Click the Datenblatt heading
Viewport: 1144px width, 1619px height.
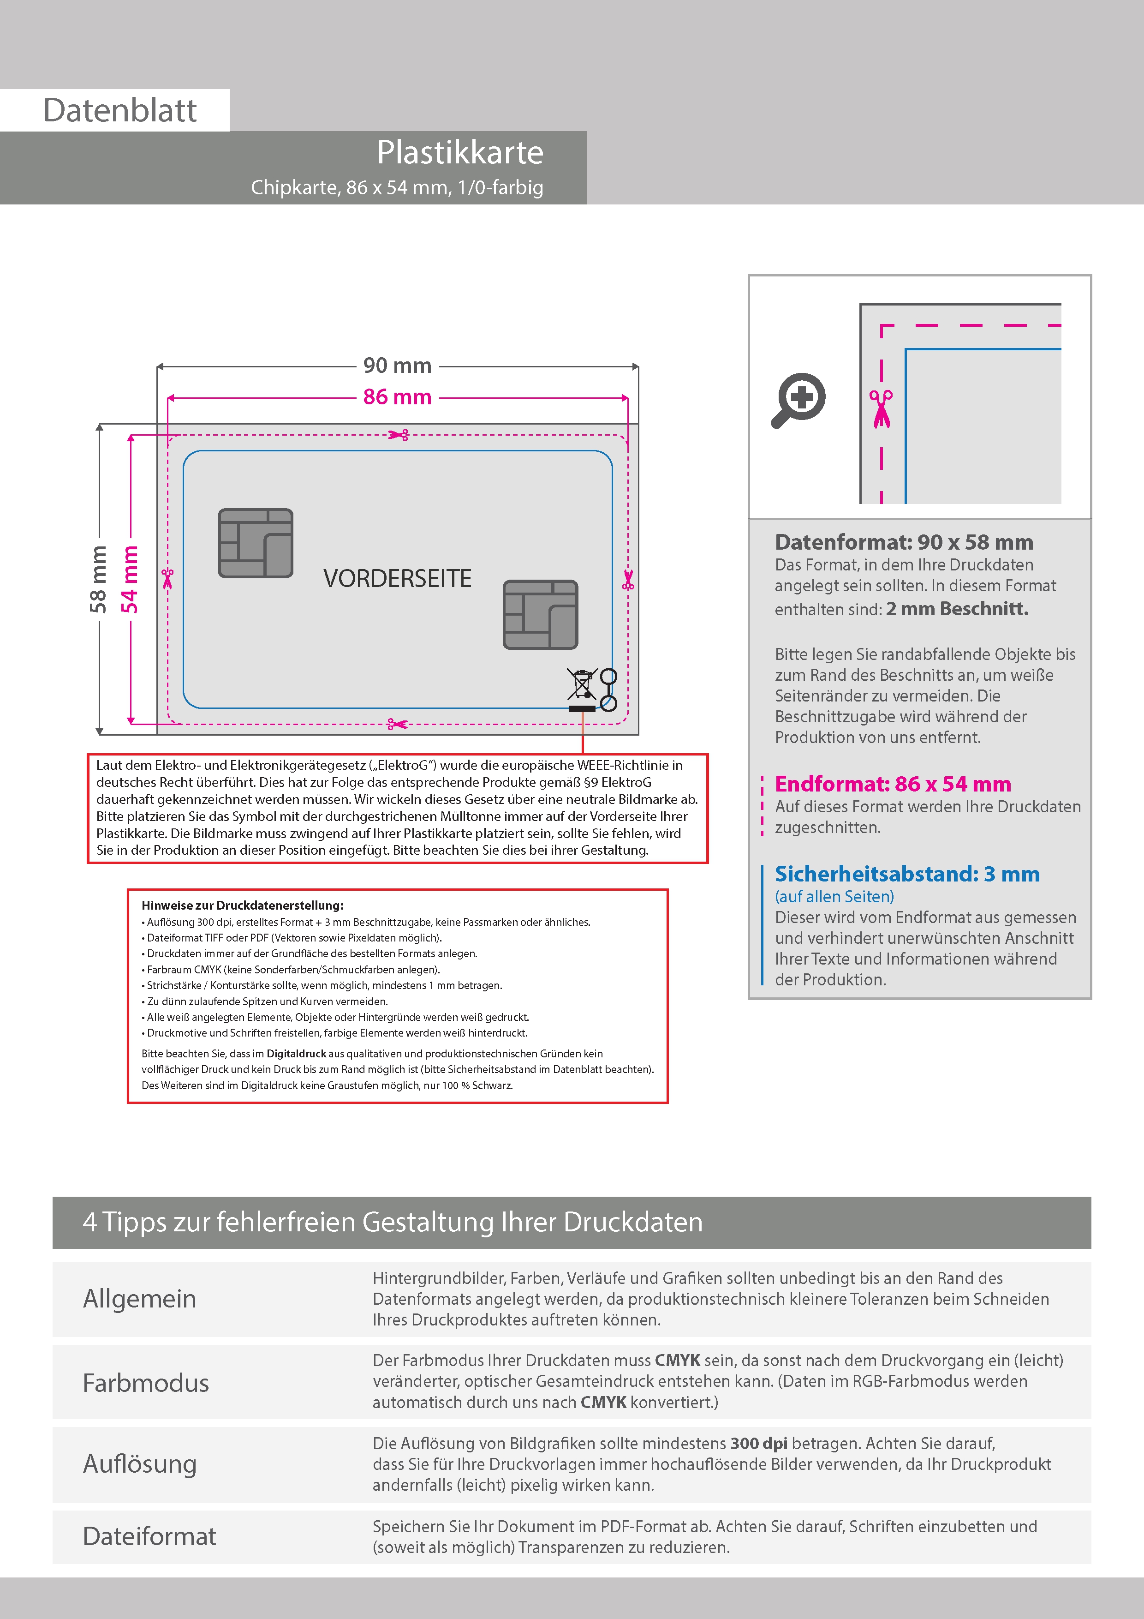pos(120,111)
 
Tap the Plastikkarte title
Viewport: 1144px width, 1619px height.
pos(459,152)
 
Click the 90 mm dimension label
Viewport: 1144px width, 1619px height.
pos(397,365)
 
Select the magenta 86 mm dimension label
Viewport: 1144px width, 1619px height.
pos(397,397)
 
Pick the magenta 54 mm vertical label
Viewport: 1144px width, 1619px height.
pos(130,579)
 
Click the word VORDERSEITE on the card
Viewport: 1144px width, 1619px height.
pos(397,578)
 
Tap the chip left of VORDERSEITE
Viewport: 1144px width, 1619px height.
pos(255,543)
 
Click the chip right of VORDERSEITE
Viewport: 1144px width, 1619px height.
pos(540,614)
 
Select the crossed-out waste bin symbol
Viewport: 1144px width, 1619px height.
pos(582,684)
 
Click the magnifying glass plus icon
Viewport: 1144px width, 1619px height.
pos(798,399)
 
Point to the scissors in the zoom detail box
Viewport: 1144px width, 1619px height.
pos(881,408)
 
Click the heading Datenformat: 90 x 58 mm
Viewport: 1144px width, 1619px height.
pos(904,542)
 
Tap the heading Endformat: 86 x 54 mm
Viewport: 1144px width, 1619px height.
pos(892,784)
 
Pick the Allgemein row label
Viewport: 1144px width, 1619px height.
pos(140,1299)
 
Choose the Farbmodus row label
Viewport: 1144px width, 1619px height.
pos(146,1383)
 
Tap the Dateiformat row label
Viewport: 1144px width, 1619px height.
pos(149,1536)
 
